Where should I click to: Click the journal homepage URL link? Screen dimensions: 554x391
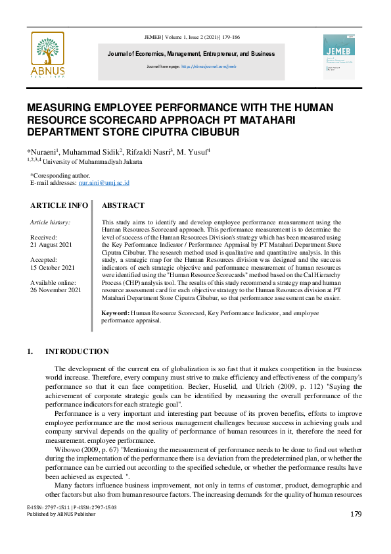pyautogui.click(x=208, y=66)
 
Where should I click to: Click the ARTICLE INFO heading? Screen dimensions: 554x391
pyautogui.click(x=59, y=205)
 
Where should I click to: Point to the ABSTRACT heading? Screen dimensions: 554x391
pyautogui.click(x=124, y=205)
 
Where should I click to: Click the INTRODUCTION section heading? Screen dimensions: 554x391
pyautogui.click(x=77, y=351)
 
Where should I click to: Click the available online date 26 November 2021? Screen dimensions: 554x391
pyautogui.click(x=56, y=290)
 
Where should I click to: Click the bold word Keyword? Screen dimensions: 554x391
pyautogui.click(x=116, y=314)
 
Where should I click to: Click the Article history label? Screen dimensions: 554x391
pyautogui.click(x=51, y=222)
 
